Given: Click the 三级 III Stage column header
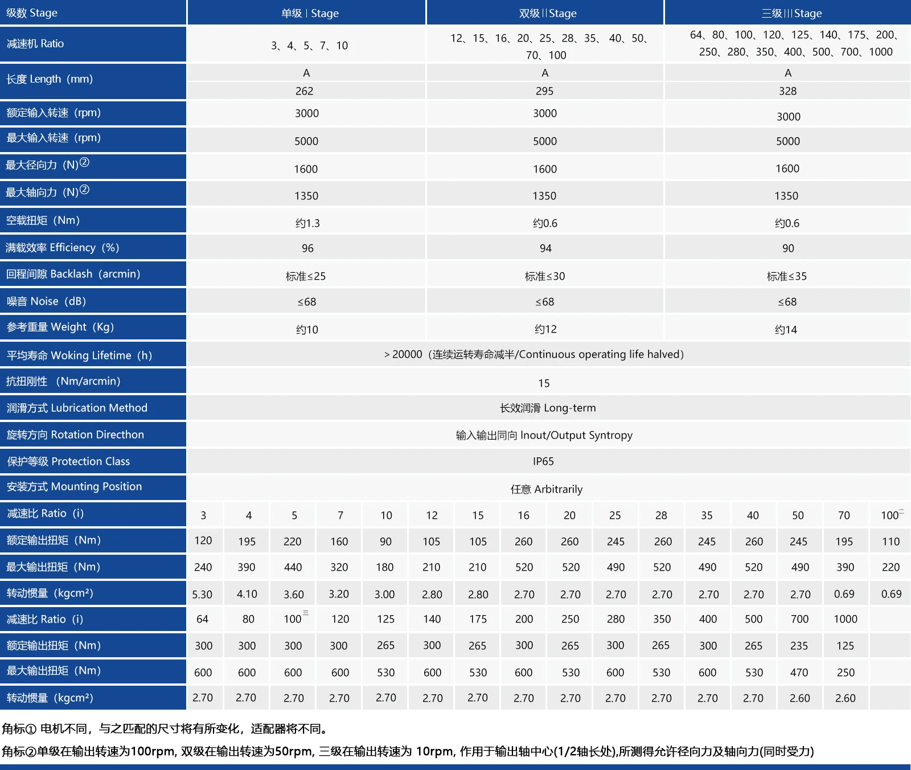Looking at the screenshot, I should tap(791, 13).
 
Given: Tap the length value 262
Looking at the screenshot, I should tap(305, 91).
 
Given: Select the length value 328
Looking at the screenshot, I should tap(788, 91).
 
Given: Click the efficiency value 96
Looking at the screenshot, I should tap(307, 248).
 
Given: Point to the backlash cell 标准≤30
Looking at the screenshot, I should tap(545, 276).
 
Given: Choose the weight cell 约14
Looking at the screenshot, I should tap(786, 329).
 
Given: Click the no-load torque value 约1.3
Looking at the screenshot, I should tap(307, 223).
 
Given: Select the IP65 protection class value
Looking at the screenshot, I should tap(543, 461).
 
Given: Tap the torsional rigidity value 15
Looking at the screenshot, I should tap(544, 383).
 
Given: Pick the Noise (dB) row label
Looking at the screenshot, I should tap(46, 301).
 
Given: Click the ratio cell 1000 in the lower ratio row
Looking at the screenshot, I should tap(846, 619).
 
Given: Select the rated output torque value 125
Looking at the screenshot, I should tap(846, 646).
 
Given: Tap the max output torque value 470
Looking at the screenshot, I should tap(799, 673).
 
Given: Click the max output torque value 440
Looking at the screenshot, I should tap(293, 567).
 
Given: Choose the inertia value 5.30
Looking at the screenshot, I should tap(202, 595).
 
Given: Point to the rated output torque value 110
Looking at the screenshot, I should tap(891, 542).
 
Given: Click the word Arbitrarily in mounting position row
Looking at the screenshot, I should tap(559, 489).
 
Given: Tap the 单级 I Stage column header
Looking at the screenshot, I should tap(310, 13).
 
